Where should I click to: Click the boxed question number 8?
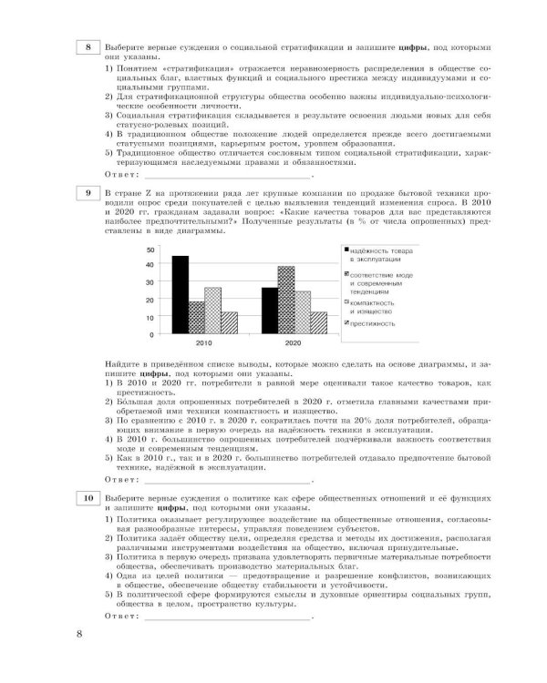(x=87, y=47)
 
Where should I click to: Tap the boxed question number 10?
(x=87, y=499)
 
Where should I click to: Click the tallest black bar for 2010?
(x=181, y=295)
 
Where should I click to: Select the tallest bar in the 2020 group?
(x=286, y=301)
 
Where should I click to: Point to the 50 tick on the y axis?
(x=150, y=248)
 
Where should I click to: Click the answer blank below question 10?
(x=228, y=617)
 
